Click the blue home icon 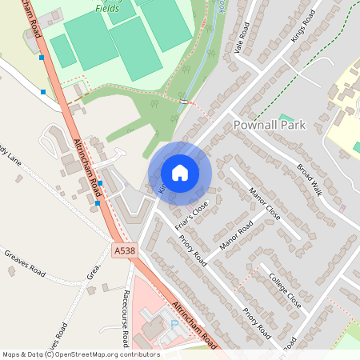(x=180, y=172)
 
